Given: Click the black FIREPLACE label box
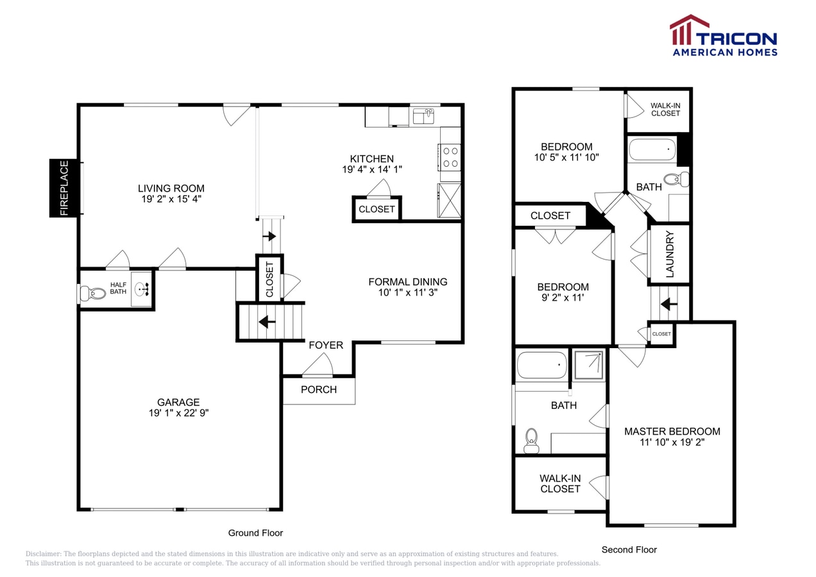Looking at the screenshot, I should point(64,188).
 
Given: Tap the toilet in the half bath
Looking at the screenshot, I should point(95,294).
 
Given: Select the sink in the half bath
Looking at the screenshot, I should point(142,288).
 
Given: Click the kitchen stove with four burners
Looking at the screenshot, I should point(450,157).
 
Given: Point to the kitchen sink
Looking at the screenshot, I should point(423,116).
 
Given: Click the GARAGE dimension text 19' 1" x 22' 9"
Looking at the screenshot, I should point(179,414).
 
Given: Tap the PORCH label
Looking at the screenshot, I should point(319,390).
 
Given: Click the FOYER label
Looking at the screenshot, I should point(326,346).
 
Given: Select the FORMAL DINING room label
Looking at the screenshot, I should point(408,282).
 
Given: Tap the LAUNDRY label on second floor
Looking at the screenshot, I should point(670,254).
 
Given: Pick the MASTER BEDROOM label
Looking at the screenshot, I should point(672,431).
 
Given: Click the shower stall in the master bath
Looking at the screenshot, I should point(588,365).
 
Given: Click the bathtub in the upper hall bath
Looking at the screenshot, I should point(652,150).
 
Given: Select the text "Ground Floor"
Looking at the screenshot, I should point(255,533).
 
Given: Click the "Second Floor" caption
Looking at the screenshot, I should point(629,549).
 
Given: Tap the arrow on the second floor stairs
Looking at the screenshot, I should point(669,303).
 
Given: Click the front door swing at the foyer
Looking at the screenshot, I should point(318,366).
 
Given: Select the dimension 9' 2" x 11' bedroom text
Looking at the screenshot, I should point(563,297).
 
